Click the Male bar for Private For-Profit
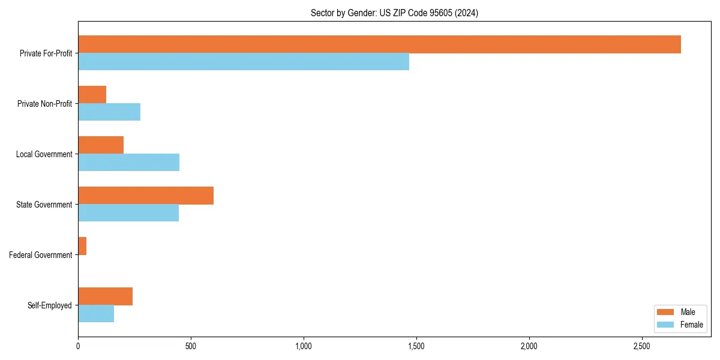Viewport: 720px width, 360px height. [379, 44]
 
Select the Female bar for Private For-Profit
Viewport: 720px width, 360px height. [244, 62]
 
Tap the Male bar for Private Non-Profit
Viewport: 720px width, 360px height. [92, 95]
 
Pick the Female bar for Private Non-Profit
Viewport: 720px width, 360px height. [109, 112]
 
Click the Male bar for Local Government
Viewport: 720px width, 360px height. [101, 145]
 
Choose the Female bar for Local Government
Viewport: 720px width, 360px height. [128, 163]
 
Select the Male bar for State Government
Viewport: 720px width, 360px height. [146, 196]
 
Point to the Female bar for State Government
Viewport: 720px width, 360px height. [128, 213]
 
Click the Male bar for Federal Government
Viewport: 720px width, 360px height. [82, 246]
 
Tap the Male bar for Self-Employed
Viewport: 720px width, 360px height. [105, 296]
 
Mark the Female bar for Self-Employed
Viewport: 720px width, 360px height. [96, 314]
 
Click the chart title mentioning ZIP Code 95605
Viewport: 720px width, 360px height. [394, 13]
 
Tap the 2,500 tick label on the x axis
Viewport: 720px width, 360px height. [641, 346]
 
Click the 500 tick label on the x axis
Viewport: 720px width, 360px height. [190, 346]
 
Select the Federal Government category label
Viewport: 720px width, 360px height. [41, 255]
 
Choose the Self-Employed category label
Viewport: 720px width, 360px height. [50, 305]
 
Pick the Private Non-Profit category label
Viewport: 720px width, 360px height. [44, 104]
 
